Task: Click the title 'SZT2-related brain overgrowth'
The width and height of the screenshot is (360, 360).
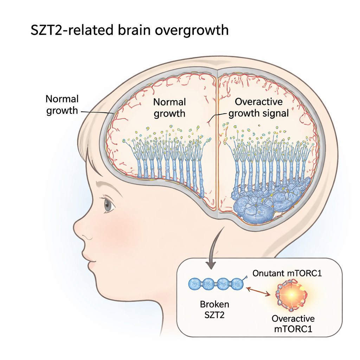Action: pyautogui.click(x=130, y=30)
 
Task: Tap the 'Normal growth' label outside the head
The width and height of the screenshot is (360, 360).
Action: pyautogui.click(x=62, y=104)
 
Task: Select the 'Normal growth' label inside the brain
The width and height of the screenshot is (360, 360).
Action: pyautogui.click(x=169, y=108)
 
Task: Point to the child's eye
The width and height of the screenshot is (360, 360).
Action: pyautogui.click(x=108, y=205)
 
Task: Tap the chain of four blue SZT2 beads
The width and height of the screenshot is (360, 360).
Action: pyautogui.click(x=216, y=284)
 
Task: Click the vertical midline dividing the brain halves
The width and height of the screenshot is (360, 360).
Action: pyautogui.click(x=217, y=141)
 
